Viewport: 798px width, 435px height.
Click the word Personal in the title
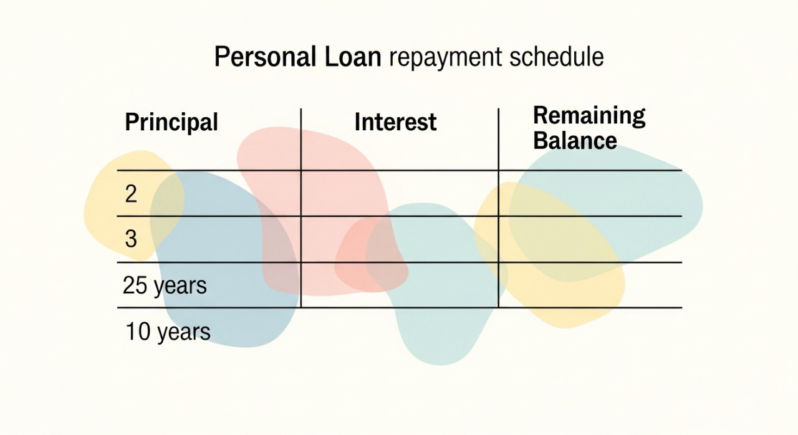coord(265,57)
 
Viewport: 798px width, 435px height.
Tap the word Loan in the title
coord(353,57)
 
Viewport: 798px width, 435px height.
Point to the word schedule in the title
coord(557,57)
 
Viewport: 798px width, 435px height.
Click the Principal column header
coord(171,123)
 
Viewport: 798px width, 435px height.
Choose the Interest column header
coord(395,122)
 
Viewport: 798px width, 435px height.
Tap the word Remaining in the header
coord(589,117)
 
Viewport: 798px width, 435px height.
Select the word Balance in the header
coord(575,140)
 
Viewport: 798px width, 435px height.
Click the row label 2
coord(131,194)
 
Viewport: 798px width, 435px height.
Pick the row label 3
coord(131,239)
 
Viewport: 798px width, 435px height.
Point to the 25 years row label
coord(165,286)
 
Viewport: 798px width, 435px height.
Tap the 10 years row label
coord(168,332)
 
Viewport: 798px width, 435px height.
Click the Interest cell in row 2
coord(400,193)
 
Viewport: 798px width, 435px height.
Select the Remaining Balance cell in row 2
coord(590,193)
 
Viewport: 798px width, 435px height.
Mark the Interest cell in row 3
coord(400,239)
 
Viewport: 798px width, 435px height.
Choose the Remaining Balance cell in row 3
coord(590,239)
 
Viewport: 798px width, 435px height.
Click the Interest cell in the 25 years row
coord(400,285)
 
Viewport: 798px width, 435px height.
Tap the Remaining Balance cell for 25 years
coord(590,285)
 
